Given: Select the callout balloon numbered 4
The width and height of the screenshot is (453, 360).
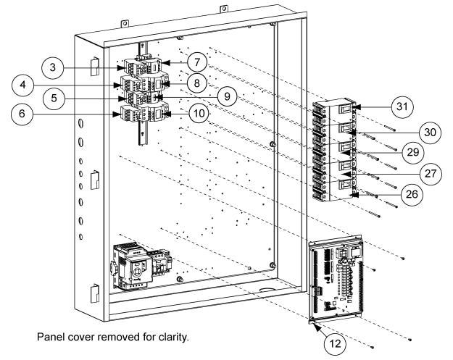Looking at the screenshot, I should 26,84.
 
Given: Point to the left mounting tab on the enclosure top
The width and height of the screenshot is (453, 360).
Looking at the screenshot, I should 125,24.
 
